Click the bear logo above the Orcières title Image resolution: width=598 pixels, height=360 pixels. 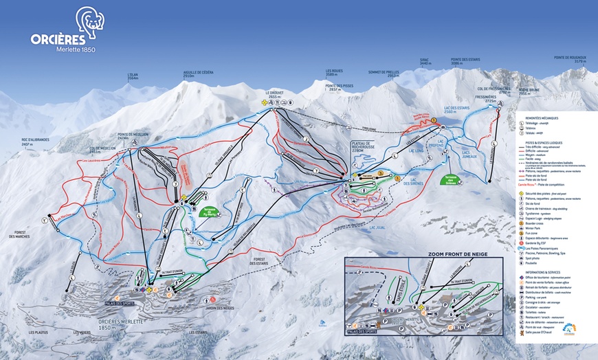click(90, 21)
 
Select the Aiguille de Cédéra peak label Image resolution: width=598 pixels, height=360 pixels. click(199, 74)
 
